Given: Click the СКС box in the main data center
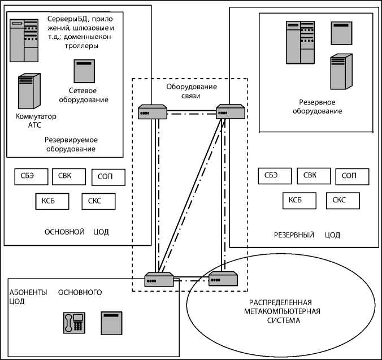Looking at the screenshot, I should tap(98, 201).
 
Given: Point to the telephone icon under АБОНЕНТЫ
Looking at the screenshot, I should tap(73, 323).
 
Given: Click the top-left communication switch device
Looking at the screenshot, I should tap(153, 112).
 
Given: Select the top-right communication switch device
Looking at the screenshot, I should tap(230, 112).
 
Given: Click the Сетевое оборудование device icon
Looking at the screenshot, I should tap(84, 71).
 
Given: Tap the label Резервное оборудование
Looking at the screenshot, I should tap(316, 107).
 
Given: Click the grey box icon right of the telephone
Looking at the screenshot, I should tap(111, 323).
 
